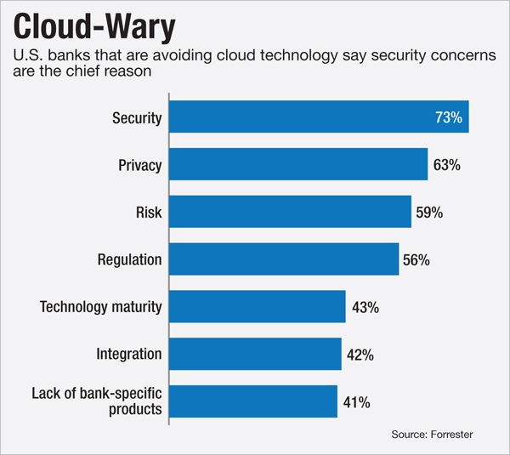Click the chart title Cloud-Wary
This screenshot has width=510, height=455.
pyautogui.click(x=93, y=26)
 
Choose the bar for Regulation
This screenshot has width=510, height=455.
pyautogui.click(x=283, y=259)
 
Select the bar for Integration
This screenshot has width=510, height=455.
pyautogui.click(x=254, y=353)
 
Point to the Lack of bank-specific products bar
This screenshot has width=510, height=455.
pyautogui.click(x=252, y=401)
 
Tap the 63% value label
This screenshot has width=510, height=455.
pyautogui.click(x=446, y=165)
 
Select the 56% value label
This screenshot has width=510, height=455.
pyautogui.click(x=416, y=259)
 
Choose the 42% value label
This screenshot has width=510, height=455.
pyautogui.click(x=360, y=354)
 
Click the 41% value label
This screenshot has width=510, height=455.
pyautogui.click(x=355, y=401)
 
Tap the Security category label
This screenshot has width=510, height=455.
pyautogui.click(x=136, y=118)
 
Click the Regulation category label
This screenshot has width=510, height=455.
pyautogui.click(x=127, y=259)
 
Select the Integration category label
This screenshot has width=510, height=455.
pyautogui.click(x=128, y=354)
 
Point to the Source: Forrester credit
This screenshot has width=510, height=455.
pyautogui.click(x=431, y=435)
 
